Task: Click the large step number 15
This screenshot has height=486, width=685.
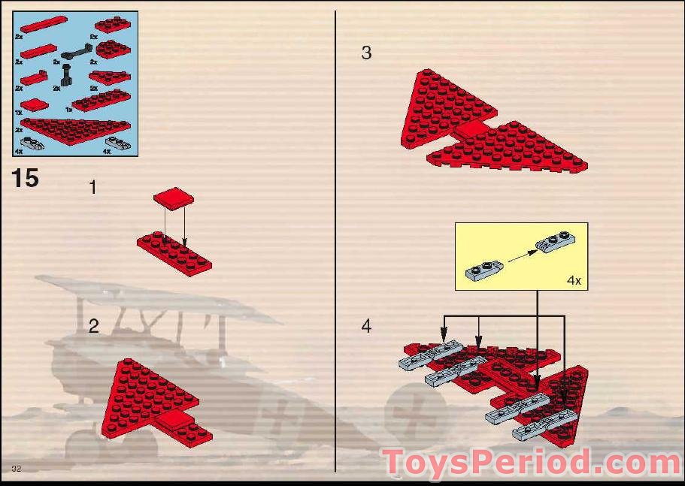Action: tap(25, 179)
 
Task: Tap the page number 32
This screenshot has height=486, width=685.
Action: tap(16, 469)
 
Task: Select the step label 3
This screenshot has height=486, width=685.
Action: tap(366, 53)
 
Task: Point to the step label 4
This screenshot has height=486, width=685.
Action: tap(366, 327)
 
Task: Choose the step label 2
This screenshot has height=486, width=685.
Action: tap(93, 326)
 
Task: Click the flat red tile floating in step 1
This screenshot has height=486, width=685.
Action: tap(174, 198)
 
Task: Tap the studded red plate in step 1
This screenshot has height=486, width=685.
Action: tap(174, 252)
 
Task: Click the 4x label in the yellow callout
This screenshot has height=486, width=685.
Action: tap(574, 281)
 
